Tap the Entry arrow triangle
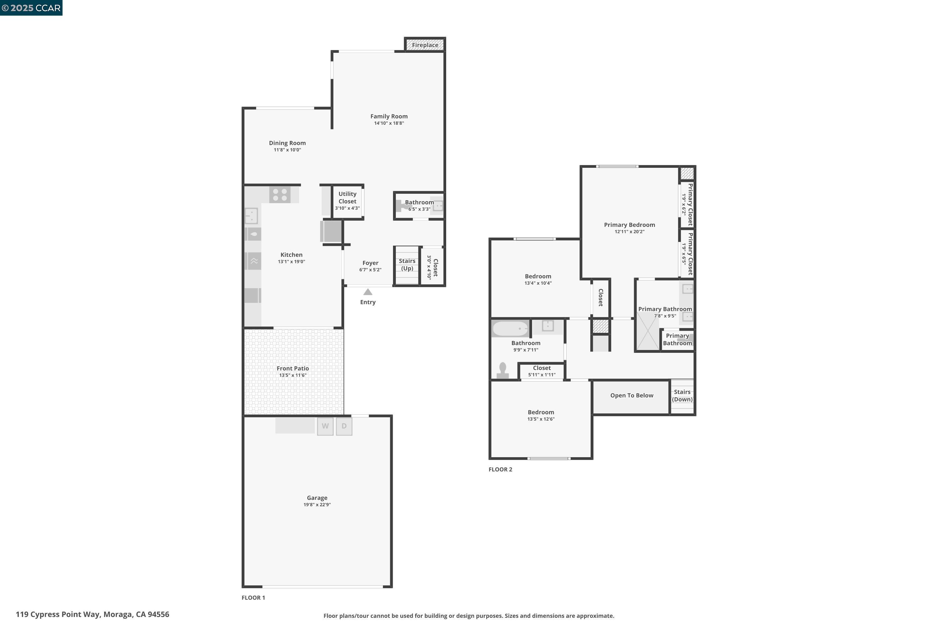point(368,292)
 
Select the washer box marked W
point(325,426)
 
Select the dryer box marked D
point(344,426)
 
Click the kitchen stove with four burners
point(280,195)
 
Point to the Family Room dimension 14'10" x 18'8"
point(389,123)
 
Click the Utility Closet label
point(347,197)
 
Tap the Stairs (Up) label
point(407,264)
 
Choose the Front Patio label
point(293,368)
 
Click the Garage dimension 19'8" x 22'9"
point(317,505)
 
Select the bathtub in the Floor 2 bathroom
point(510,329)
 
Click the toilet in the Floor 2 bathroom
point(502,370)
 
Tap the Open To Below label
point(632,395)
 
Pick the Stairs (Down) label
point(682,395)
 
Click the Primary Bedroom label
point(629,225)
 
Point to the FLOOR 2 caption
point(500,469)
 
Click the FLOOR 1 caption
point(253,597)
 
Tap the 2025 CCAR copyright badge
point(31,7)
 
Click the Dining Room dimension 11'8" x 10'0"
point(287,150)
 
